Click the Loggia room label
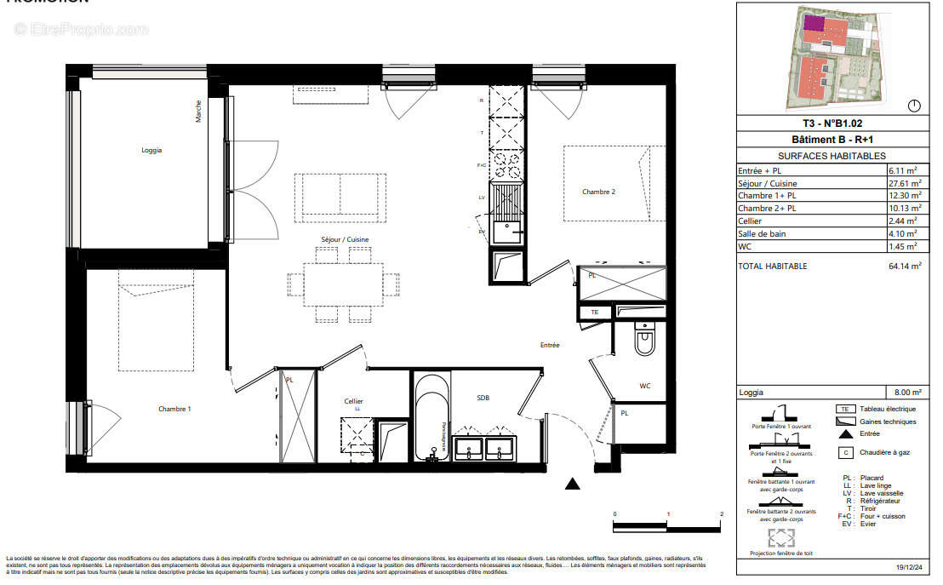click(151, 150)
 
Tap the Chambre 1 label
click(174, 409)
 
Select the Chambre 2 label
click(598, 192)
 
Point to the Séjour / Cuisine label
click(344, 239)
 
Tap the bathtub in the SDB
click(431, 417)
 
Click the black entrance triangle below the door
click(573, 484)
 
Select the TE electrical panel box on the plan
click(594, 313)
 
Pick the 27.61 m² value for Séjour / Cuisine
click(905, 183)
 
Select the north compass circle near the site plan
click(915, 106)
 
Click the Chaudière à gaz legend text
click(885, 452)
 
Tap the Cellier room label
click(353, 401)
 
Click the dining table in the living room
click(344, 284)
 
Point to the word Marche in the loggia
click(199, 111)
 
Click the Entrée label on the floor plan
click(550, 345)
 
